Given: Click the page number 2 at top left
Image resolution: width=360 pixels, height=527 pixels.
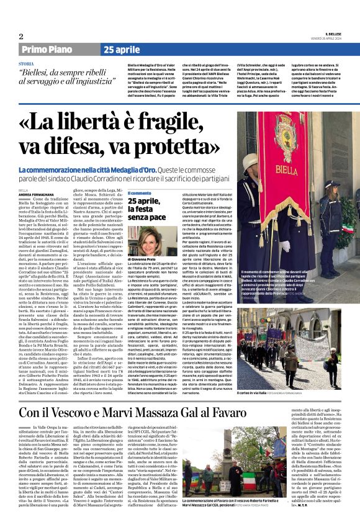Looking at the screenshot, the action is point(21,36).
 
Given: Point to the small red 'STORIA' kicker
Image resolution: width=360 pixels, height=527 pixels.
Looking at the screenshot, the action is point(27,64).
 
